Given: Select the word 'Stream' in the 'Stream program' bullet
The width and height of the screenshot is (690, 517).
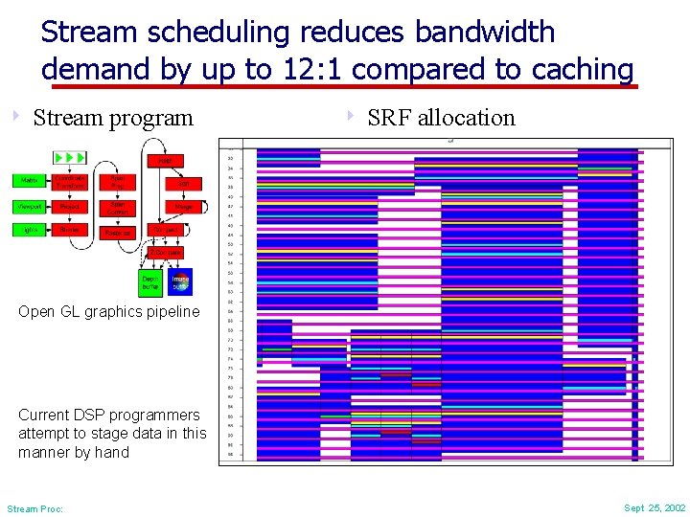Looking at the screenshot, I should (x=67, y=118).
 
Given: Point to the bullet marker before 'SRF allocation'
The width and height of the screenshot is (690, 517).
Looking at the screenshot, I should (x=351, y=117).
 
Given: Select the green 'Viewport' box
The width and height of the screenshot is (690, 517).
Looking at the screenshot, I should (x=27, y=206).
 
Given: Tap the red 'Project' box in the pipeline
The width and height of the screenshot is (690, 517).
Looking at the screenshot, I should (x=70, y=206).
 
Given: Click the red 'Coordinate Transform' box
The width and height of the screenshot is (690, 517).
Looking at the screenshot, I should (x=70, y=181).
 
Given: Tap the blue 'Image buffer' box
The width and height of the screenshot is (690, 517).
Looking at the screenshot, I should (x=180, y=281).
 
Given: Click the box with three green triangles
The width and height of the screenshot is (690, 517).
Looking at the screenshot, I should (x=70, y=156).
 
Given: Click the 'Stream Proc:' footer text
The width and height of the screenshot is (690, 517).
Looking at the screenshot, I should (x=34, y=508).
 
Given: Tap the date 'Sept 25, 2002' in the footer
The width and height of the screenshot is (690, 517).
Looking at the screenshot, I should (x=655, y=507).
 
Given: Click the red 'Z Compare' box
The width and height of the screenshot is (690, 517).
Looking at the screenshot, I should (x=166, y=252).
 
